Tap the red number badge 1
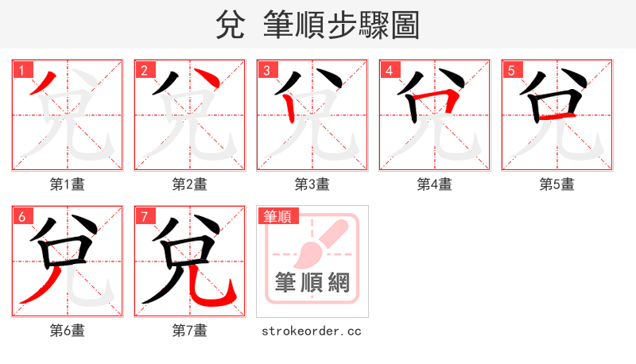click(x=22, y=70)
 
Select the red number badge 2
click(x=145, y=70)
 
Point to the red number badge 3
click(x=267, y=70)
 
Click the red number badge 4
click(x=390, y=70)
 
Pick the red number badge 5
click(x=512, y=70)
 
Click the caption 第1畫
click(x=67, y=184)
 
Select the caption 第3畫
click(x=312, y=184)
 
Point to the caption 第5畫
click(x=556, y=184)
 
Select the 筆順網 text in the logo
click(x=312, y=282)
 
